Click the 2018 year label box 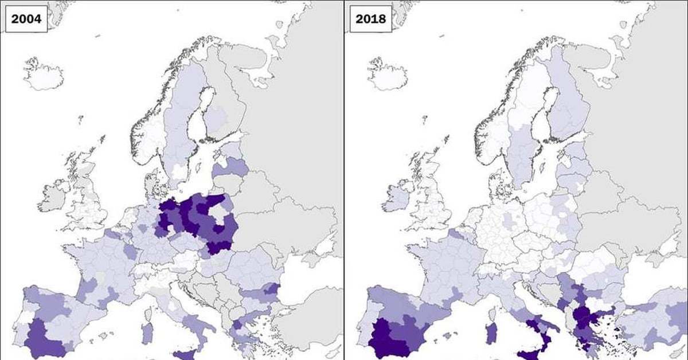pyautogui.click(x=370, y=18)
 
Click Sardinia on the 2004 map pyautogui.click(x=147, y=332)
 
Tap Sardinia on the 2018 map pyautogui.click(x=491, y=332)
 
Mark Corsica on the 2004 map pyautogui.click(x=149, y=314)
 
